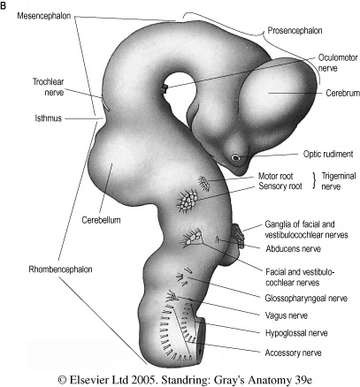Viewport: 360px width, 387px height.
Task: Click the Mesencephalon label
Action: tap(44, 16)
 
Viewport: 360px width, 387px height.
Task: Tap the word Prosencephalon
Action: tap(295, 30)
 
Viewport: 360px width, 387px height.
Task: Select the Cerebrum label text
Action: tap(342, 93)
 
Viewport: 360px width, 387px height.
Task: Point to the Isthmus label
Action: tap(49, 118)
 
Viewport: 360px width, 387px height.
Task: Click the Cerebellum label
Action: tap(101, 220)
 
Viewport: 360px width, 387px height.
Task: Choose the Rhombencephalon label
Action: tap(60, 269)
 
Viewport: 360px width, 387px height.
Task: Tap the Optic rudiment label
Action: tap(328, 154)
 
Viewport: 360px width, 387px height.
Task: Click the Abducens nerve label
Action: tap(294, 248)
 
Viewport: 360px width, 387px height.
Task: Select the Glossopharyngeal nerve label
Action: tap(306, 299)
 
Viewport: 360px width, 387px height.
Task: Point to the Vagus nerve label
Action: tap(287, 315)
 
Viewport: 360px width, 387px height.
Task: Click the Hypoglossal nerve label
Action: tap(296, 333)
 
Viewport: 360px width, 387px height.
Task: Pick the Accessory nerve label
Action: tap(293, 353)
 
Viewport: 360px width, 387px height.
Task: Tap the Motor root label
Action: tap(276, 176)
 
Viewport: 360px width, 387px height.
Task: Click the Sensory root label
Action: tap(280, 186)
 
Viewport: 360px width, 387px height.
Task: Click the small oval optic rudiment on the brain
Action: tap(235, 157)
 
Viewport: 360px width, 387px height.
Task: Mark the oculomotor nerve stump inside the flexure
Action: tap(165, 88)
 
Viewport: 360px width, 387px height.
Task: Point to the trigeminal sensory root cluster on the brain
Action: tap(187, 201)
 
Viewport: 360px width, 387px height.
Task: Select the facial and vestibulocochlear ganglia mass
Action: tap(239, 236)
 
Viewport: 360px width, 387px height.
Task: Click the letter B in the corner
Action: tap(4, 5)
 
